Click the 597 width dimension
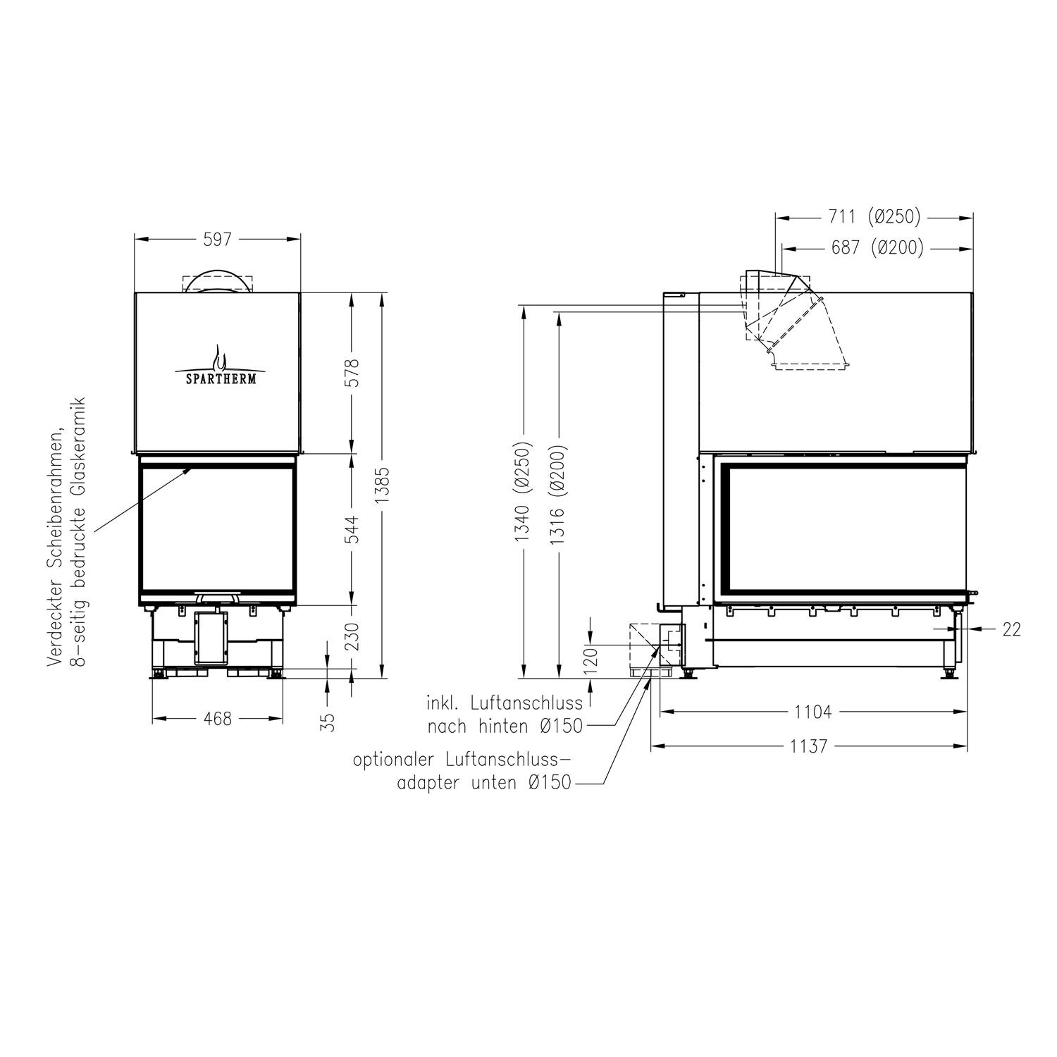[217, 240]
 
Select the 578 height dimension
[352, 373]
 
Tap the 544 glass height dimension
[352, 530]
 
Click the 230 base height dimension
[352, 636]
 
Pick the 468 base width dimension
[217, 719]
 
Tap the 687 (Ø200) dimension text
[877, 248]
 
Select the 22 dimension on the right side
[1011, 629]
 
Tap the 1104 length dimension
[813, 712]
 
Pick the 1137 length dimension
[808, 746]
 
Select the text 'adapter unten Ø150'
[484, 783]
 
